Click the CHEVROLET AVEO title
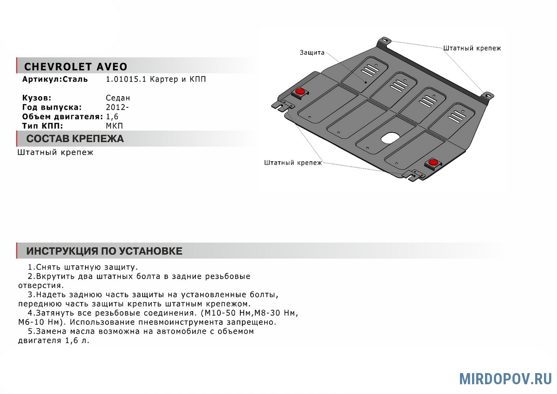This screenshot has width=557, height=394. coord(75,66)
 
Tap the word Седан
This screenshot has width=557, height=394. coord(118,98)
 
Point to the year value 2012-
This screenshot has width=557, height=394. coord(117,107)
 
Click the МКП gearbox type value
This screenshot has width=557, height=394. coord(115,126)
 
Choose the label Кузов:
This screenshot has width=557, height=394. coord(37,98)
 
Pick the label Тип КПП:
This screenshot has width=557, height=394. coord(42,126)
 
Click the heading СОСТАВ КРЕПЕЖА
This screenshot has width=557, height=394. coord(75,139)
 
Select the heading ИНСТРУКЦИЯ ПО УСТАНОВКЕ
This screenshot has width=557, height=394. coord(104,251)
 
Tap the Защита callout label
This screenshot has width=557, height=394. coord(312,53)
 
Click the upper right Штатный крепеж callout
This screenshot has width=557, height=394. coord(472,48)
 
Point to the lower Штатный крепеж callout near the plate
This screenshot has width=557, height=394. coord(293,163)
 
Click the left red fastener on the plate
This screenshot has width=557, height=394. coord(300,91)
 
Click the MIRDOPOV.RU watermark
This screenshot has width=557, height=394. coord(505,379)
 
